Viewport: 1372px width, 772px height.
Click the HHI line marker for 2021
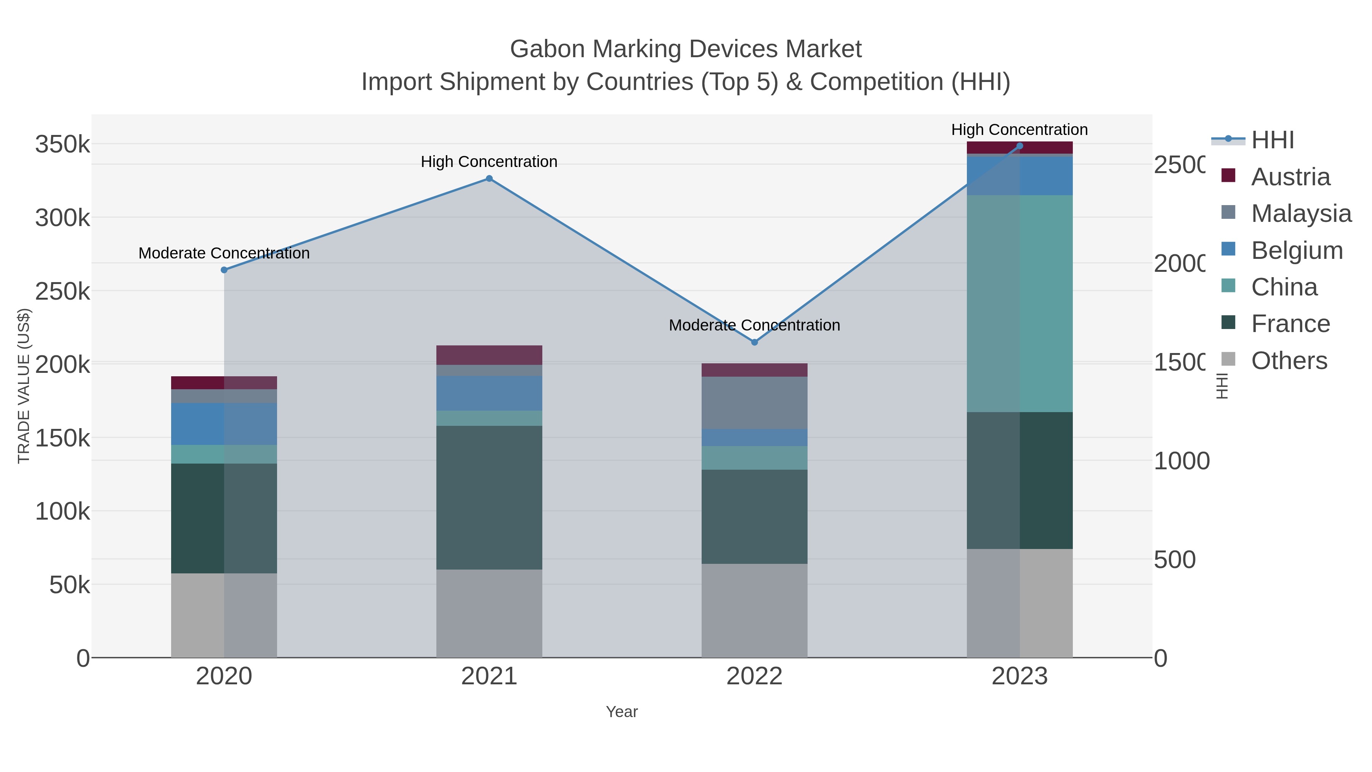coord(489,178)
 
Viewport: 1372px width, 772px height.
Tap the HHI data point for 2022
coord(754,342)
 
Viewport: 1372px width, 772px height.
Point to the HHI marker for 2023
coord(1019,146)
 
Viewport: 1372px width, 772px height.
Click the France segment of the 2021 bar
coord(489,497)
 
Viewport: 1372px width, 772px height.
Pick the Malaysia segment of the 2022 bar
coord(754,403)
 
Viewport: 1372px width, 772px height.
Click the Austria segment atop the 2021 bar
coord(489,355)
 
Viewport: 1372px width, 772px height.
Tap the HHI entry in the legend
coord(1272,140)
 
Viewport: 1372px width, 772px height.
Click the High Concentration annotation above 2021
coord(489,161)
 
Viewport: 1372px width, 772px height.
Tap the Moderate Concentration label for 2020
coord(224,253)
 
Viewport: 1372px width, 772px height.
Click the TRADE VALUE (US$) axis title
coord(24,386)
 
